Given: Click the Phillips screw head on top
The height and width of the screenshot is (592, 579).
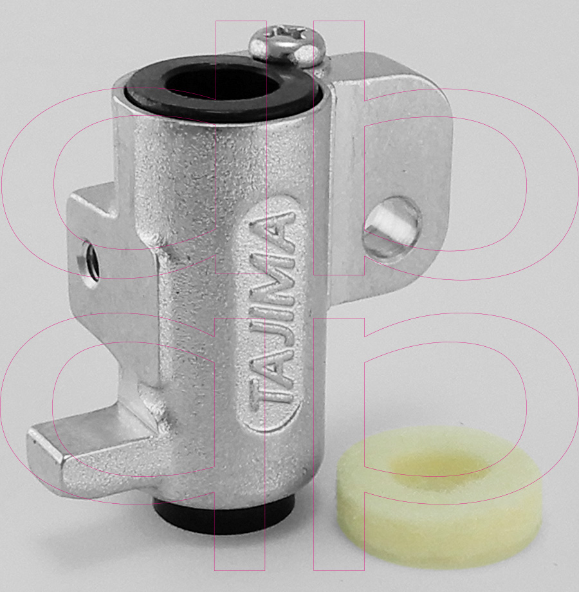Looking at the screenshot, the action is point(288,45).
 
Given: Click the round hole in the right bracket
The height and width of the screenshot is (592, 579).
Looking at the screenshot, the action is point(391,227).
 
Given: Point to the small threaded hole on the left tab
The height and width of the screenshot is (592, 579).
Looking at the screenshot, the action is point(89,261).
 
